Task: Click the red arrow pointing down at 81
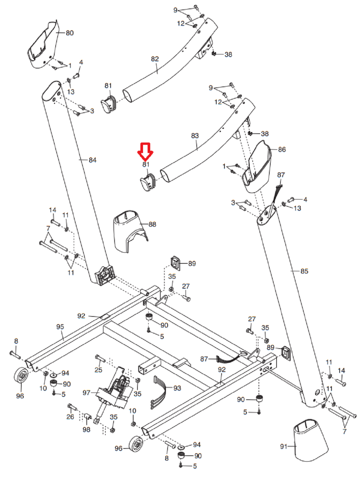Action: (x=145, y=150)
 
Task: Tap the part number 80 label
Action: (x=70, y=33)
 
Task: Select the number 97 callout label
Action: (x=86, y=392)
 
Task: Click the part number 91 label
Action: (x=284, y=446)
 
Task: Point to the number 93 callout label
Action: (x=177, y=388)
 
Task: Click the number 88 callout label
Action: (x=152, y=224)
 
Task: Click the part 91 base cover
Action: (x=310, y=439)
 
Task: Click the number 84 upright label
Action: (x=93, y=160)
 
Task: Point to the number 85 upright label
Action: (x=304, y=271)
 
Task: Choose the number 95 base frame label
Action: (x=60, y=327)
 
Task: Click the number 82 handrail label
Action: (x=155, y=59)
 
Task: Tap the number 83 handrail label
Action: (x=195, y=135)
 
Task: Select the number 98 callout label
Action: (x=86, y=429)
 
